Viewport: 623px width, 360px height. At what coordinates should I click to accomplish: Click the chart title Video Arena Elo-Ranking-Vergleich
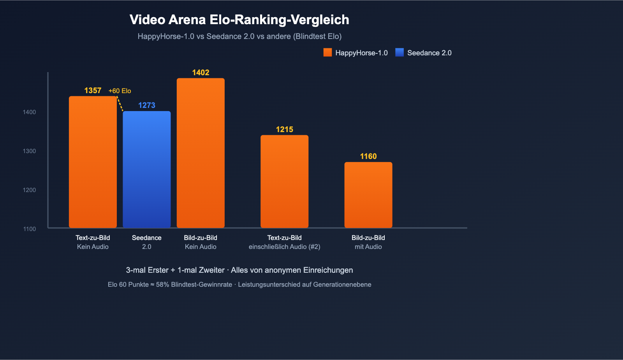coord(239,20)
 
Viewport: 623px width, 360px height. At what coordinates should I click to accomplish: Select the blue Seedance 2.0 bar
coord(147,169)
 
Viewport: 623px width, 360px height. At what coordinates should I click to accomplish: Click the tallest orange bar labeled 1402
coord(201,153)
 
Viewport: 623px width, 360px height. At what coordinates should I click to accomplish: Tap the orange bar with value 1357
coord(93,162)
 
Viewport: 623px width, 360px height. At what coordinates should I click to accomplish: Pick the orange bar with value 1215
coord(284,181)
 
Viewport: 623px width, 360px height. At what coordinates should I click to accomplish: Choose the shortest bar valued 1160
coord(368,195)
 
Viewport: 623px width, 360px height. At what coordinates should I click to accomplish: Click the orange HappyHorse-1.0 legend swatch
coord(327,53)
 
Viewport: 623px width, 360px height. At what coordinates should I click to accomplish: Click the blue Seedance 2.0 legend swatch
coord(399,53)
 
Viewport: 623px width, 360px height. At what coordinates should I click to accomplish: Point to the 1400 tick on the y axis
coord(29,112)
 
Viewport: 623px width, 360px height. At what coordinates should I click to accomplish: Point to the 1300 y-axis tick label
coord(29,151)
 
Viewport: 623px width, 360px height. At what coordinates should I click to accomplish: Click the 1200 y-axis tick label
coord(29,190)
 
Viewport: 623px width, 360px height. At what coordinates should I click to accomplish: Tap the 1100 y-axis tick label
coord(29,229)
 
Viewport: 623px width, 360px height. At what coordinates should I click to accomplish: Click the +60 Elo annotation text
coord(120,91)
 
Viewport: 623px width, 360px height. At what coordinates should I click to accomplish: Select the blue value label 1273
coord(147,105)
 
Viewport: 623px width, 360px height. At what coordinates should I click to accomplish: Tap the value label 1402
coord(201,72)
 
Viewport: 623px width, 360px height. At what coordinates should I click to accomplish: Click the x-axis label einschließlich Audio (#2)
coord(284,247)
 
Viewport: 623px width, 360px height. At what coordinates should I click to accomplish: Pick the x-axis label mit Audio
coord(368,247)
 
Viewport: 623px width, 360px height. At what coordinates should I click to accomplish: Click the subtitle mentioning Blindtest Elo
coord(239,36)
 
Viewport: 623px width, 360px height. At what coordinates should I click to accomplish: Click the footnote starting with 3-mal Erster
coord(239,270)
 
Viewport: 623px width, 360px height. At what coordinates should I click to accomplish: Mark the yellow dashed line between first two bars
coord(120,104)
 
